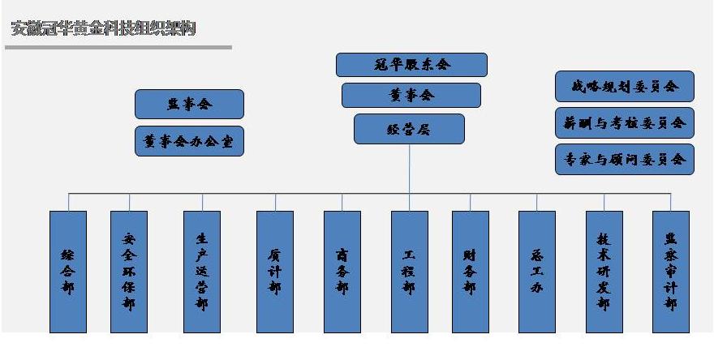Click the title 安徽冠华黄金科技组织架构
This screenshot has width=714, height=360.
103,29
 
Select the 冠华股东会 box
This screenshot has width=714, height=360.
411,65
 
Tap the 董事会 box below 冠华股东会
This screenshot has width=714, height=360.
411,95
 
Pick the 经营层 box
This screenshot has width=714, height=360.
409,129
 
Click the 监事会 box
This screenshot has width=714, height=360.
189,104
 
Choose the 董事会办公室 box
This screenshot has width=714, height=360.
189,141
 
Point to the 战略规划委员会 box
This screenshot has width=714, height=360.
625,86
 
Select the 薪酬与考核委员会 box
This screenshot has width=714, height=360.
625,122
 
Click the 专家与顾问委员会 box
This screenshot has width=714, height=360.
625,159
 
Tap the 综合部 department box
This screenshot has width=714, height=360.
68,272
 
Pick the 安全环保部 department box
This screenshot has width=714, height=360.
129,272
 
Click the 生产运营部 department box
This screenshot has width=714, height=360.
202,272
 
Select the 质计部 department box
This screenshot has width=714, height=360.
275,272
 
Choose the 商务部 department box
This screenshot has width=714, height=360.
342,272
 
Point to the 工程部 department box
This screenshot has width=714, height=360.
409,272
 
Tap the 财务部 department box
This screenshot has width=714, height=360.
471,272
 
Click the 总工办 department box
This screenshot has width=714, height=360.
537,272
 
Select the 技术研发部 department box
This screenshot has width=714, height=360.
604,272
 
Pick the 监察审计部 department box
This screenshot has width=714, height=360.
671,272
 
